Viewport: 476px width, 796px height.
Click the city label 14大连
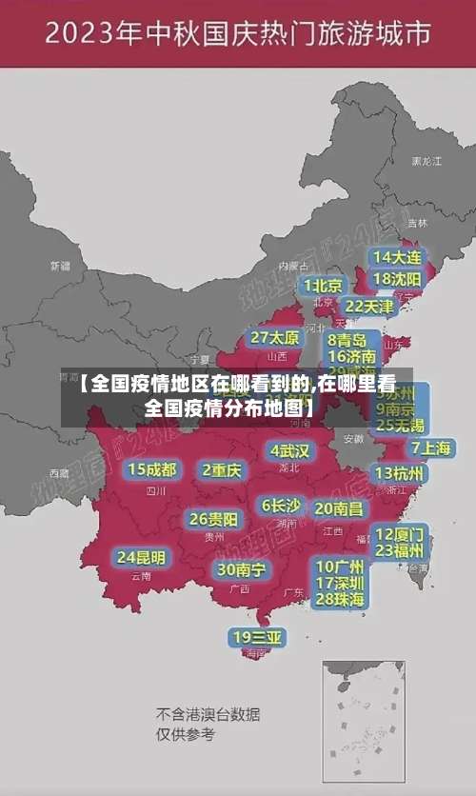click(397, 257)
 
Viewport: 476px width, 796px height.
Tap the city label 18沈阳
click(397, 279)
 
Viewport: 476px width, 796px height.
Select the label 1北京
click(323, 285)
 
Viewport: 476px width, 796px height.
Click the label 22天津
click(368, 307)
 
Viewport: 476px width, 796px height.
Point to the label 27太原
click(275, 338)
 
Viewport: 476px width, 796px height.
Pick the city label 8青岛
click(347, 340)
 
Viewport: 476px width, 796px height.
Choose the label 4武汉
click(289, 450)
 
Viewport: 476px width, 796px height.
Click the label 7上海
click(430, 447)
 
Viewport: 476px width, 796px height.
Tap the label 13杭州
click(400, 472)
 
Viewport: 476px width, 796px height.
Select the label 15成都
click(152, 469)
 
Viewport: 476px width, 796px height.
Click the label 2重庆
click(222, 469)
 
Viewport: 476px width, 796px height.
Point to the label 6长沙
click(281, 506)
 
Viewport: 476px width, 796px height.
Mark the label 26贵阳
click(214, 519)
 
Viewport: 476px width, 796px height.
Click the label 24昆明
click(141, 556)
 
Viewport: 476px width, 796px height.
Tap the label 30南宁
click(241, 569)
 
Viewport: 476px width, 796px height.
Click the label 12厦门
click(400, 533)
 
